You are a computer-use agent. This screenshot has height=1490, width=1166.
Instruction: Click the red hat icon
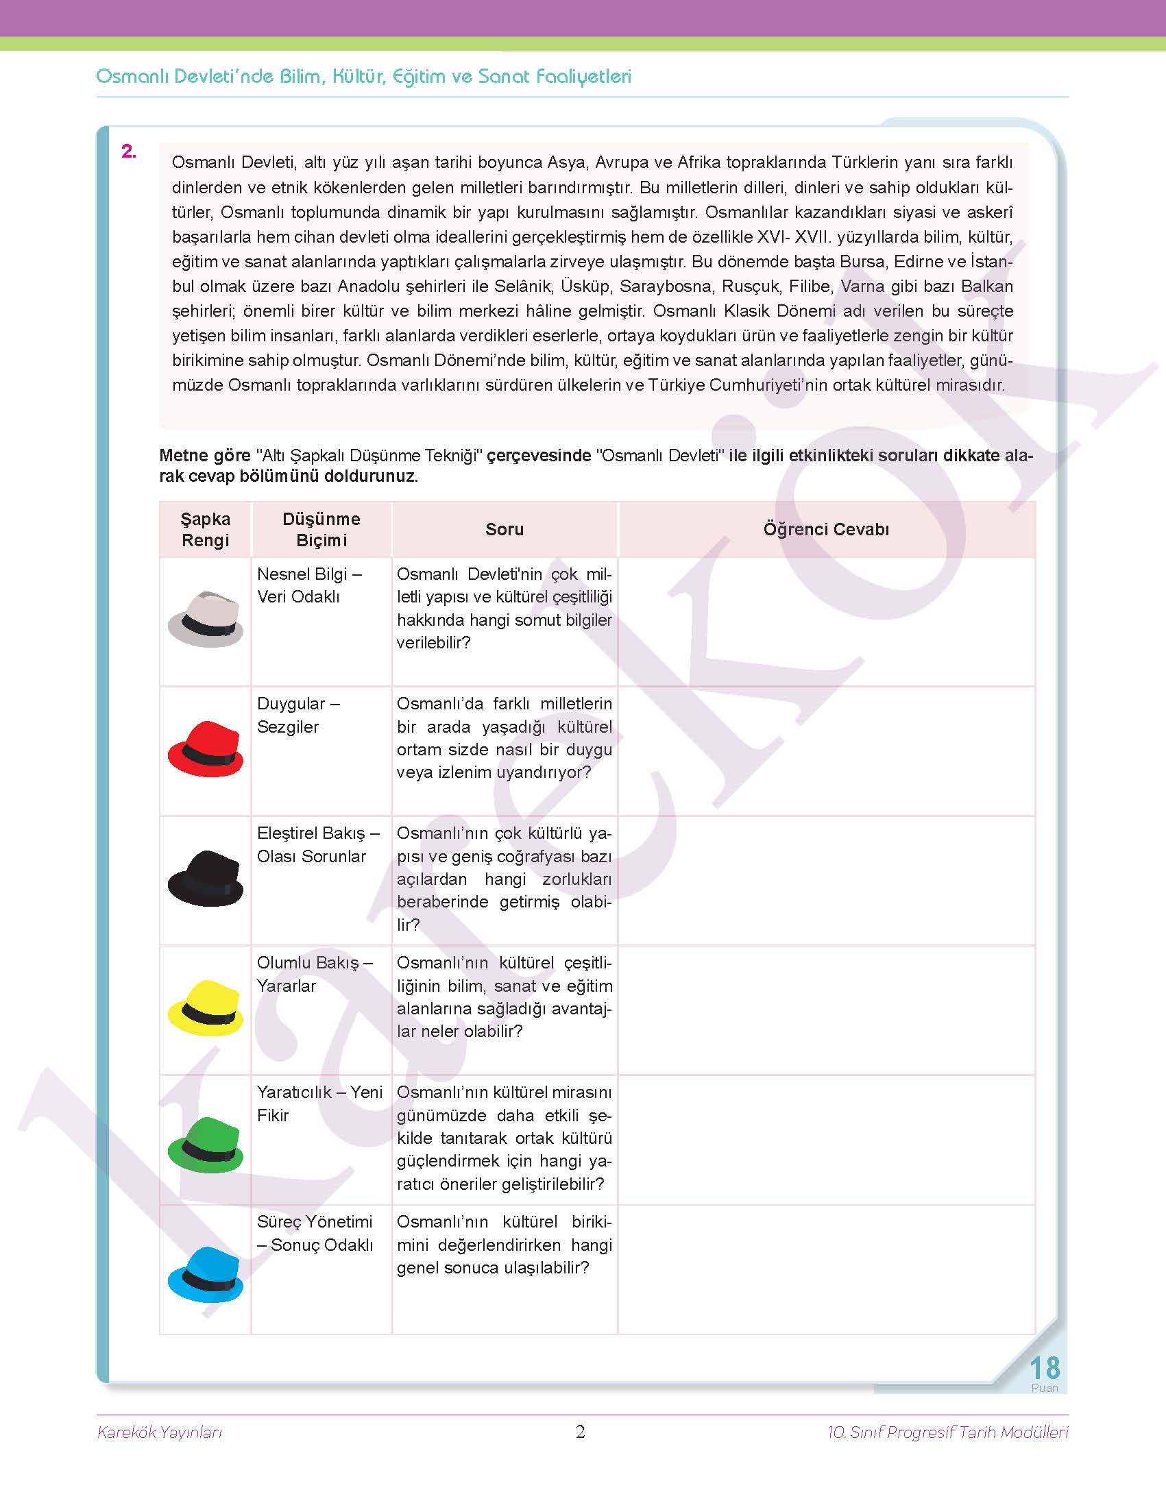click(x=205, y=748)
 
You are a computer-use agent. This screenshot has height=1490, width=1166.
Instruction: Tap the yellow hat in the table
click(x=205, y=1007)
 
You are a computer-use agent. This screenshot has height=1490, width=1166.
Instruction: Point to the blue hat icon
click(x=205, y=1274)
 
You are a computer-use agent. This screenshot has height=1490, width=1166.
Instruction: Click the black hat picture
click(x=205, y=878)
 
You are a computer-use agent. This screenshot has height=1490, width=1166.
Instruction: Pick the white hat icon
click(x=205, y=619)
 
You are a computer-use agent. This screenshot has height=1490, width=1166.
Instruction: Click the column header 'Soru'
click(x=505, y=529)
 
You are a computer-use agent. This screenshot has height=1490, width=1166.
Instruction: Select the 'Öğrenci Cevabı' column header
click(x=826, y=529)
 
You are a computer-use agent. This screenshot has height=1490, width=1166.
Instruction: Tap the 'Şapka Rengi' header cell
click(x=205, y=529)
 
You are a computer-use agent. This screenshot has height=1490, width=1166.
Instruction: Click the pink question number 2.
click(x=129, y=151)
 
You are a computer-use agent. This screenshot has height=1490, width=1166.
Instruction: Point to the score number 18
click(x=1044, y=1369)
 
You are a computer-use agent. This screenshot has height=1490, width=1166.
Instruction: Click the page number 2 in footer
click(x=580, y=1432)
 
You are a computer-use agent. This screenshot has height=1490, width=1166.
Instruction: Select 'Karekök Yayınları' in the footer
click(x=160, y=1432)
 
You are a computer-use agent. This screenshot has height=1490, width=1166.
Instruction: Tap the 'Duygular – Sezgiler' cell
click(x=299, y=715)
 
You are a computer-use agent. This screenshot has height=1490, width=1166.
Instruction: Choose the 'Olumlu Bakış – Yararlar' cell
click(x=314, y=974)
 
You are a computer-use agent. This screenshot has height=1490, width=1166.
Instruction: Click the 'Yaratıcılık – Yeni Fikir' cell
click(x=319, y=1103)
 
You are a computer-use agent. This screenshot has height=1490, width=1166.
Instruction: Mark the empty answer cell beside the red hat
click(x=826, y=750)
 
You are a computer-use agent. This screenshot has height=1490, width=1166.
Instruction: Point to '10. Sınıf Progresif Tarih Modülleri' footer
click(x=947, y=1432)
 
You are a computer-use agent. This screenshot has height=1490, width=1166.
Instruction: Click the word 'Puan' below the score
click(x=1044, y=1388)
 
